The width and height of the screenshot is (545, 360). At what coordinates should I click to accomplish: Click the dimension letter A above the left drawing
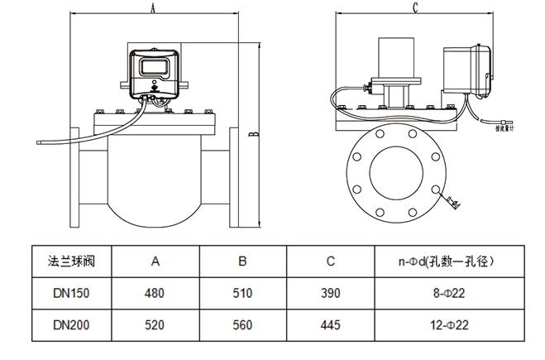(x=154, y=8)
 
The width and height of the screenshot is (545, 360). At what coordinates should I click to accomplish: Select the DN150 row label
(x=71, y=293)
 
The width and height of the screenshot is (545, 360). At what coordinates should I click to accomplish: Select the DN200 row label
(x=71, y=325)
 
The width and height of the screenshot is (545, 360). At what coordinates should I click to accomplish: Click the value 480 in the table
(x=155, y=293)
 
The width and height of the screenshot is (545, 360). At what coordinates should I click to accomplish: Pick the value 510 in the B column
(x=242, y=293)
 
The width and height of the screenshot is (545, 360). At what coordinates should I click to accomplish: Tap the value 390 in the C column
(x=330, y=293)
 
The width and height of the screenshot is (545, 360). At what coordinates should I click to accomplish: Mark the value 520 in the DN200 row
(x=155, y=325)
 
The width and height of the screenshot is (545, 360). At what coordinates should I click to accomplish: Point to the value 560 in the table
(x=242, y=325)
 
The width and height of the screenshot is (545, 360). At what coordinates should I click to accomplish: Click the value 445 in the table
(x=330, y=325)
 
